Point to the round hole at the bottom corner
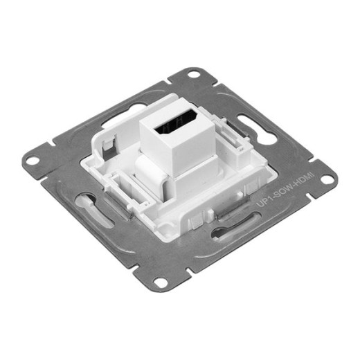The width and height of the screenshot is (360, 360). tap(160, 282)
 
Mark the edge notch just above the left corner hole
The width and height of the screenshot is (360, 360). tap(51, 144)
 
